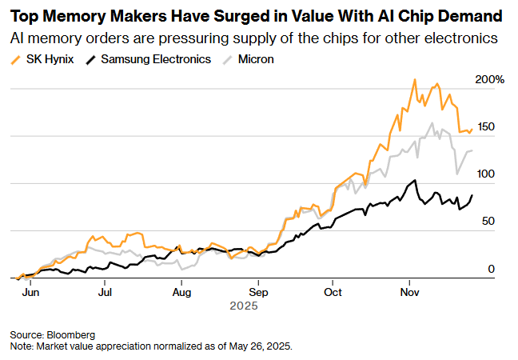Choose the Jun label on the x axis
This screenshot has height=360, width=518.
click(30, 293)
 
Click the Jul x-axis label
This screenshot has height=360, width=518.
click(105, 293)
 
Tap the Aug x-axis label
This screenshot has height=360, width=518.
click(181, 293)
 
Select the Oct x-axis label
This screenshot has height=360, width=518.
click(333, 293)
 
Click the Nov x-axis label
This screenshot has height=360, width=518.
click(410, 293)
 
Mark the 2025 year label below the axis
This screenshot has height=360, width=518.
click(242, 306)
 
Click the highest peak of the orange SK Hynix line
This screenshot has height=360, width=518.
click(414, 79)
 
